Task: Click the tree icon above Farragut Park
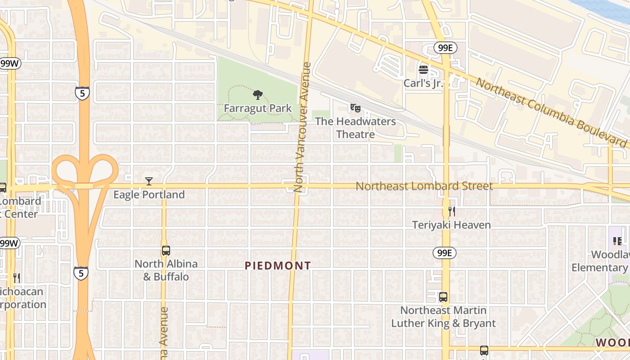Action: point(258,95)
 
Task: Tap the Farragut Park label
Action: point(258,108)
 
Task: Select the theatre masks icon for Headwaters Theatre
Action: point(355,108)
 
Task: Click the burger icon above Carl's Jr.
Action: point(423,70)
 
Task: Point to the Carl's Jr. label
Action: point(423,83)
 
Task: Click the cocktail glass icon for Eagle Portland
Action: point(149,181)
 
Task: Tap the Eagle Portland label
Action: point(149,195)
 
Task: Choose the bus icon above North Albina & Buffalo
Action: point(166,251)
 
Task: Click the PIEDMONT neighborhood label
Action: point(278,266)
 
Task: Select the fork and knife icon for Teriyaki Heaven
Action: point(452,211)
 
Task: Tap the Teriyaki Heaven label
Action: point(452,225)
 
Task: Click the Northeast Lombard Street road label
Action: point(424,186)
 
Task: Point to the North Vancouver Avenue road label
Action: point(302,127)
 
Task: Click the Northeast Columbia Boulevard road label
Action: point(551,112)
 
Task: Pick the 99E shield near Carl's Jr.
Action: point(445,48)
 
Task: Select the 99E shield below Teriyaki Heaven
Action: point(444,253)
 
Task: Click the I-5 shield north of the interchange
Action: point(82,93)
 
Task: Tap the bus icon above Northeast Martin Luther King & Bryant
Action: point(443,297)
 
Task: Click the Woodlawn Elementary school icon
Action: point(617,241)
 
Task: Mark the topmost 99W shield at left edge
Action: point(9,63)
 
